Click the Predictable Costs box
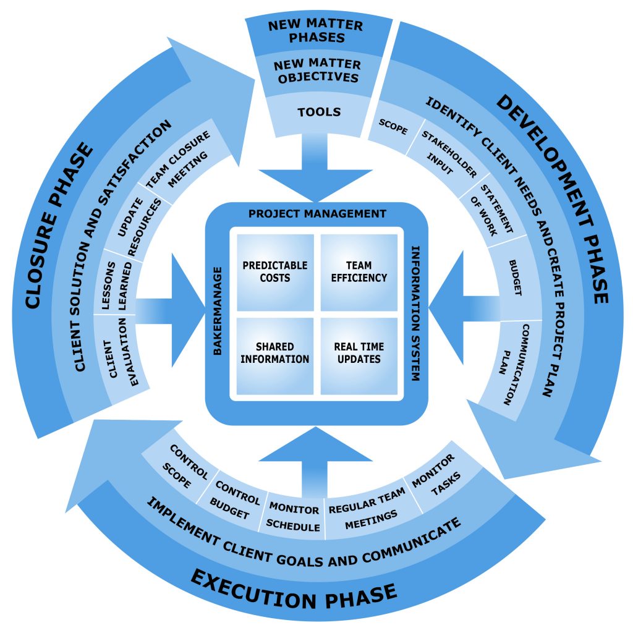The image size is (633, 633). pos(274,271)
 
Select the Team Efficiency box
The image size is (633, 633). pos(359,271)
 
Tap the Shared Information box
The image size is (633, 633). pos(274,353)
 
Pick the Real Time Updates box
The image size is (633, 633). pos(359,353)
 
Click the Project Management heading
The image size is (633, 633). pos(317,214)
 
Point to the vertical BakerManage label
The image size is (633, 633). pos(218,311)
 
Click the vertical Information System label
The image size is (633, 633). pos(415,313)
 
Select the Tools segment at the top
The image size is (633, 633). pos(319,112)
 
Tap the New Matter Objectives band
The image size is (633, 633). pos(316,71)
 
